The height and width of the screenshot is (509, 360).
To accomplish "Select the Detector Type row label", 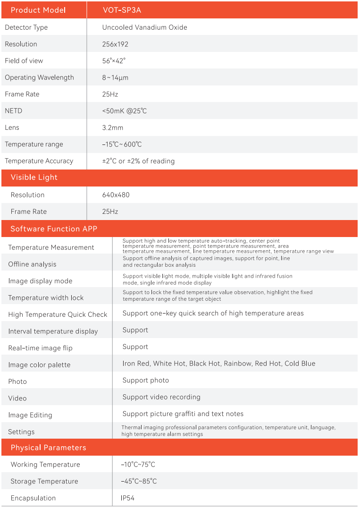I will pos(26,27).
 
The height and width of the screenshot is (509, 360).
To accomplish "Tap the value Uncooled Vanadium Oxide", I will pos(144,27).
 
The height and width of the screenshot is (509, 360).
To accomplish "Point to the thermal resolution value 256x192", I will pos(115,44).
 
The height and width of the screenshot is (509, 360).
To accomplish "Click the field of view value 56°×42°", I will pos(114,61).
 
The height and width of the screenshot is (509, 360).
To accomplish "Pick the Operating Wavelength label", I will pos(39,77).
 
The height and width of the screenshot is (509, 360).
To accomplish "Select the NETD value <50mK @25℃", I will pos(125,111).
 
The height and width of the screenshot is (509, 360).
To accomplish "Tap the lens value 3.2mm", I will pos(112,127).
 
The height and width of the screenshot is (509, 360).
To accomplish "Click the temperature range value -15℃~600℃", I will pos(122,144).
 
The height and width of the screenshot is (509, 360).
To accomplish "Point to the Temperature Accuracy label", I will pos(39,161).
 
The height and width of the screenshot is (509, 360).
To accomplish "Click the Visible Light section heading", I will pos(34,178).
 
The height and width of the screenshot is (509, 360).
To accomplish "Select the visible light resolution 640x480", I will pos(116,195).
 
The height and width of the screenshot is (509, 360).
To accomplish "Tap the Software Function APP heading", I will pos(54,229).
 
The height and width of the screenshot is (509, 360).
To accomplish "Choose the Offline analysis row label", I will pos(32,264).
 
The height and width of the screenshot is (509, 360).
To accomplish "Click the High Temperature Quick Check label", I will pos(58,314).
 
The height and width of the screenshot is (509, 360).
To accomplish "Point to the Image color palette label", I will pos(39,365).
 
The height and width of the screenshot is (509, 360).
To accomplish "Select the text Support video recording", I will pos(161,397).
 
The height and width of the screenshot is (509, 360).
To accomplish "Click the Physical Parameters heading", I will pos(48,448).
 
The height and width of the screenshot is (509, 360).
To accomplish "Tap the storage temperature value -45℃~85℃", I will pos(139,482).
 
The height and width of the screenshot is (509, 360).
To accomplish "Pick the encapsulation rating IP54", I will pos(127,498).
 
